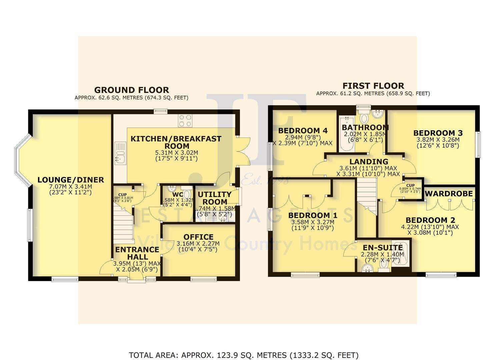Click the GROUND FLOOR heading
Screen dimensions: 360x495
[131, 90]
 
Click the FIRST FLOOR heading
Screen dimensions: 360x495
[373, 86]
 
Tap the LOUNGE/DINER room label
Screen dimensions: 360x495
[71, 180]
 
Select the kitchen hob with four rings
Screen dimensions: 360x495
[185, 121]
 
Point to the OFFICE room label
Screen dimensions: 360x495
[198, 237]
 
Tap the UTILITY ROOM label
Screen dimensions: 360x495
[215, 198]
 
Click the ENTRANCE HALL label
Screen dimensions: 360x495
[137, 253]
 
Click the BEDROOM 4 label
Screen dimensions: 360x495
[303, 130]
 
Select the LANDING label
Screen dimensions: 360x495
[369, 162]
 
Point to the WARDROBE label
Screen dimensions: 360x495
[449, 194]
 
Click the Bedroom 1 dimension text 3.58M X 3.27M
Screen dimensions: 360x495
[312, 222]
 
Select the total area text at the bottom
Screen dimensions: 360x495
[243, 355]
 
